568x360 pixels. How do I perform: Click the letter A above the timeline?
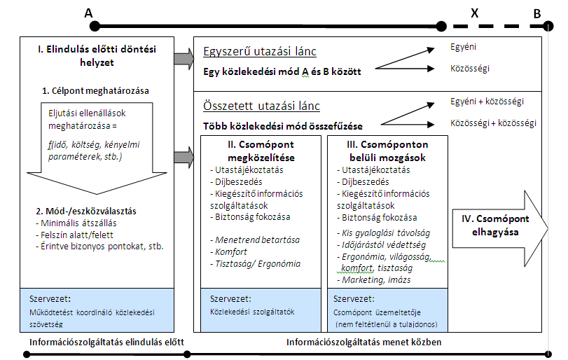(88, 13)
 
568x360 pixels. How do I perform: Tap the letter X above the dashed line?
(475, 13)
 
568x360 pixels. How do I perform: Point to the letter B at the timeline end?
(537, 14)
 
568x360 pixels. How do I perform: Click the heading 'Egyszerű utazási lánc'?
(260, 51)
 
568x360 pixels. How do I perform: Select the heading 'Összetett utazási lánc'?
(261, 106)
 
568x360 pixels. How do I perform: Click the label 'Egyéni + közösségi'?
(487, 102)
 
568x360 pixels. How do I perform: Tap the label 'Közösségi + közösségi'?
(493, 123)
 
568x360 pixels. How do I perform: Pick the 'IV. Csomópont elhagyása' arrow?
(500, 228)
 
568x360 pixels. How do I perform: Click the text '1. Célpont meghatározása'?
(95, 90)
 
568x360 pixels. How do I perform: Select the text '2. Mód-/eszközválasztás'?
(86, 211)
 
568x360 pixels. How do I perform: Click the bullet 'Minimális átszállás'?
(76, 223)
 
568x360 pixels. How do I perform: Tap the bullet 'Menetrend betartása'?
(255, 240)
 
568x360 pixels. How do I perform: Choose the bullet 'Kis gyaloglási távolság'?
(384, 233)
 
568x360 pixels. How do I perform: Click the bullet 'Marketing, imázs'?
(374, 280)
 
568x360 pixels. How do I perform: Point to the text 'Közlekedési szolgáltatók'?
(252, 312)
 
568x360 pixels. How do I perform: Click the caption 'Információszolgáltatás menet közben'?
(363, 342)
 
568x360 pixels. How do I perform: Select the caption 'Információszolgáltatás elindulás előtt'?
(106, 342)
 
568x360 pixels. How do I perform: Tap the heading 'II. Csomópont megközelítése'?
(261, 151)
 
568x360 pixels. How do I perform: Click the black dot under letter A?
(95, 26)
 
